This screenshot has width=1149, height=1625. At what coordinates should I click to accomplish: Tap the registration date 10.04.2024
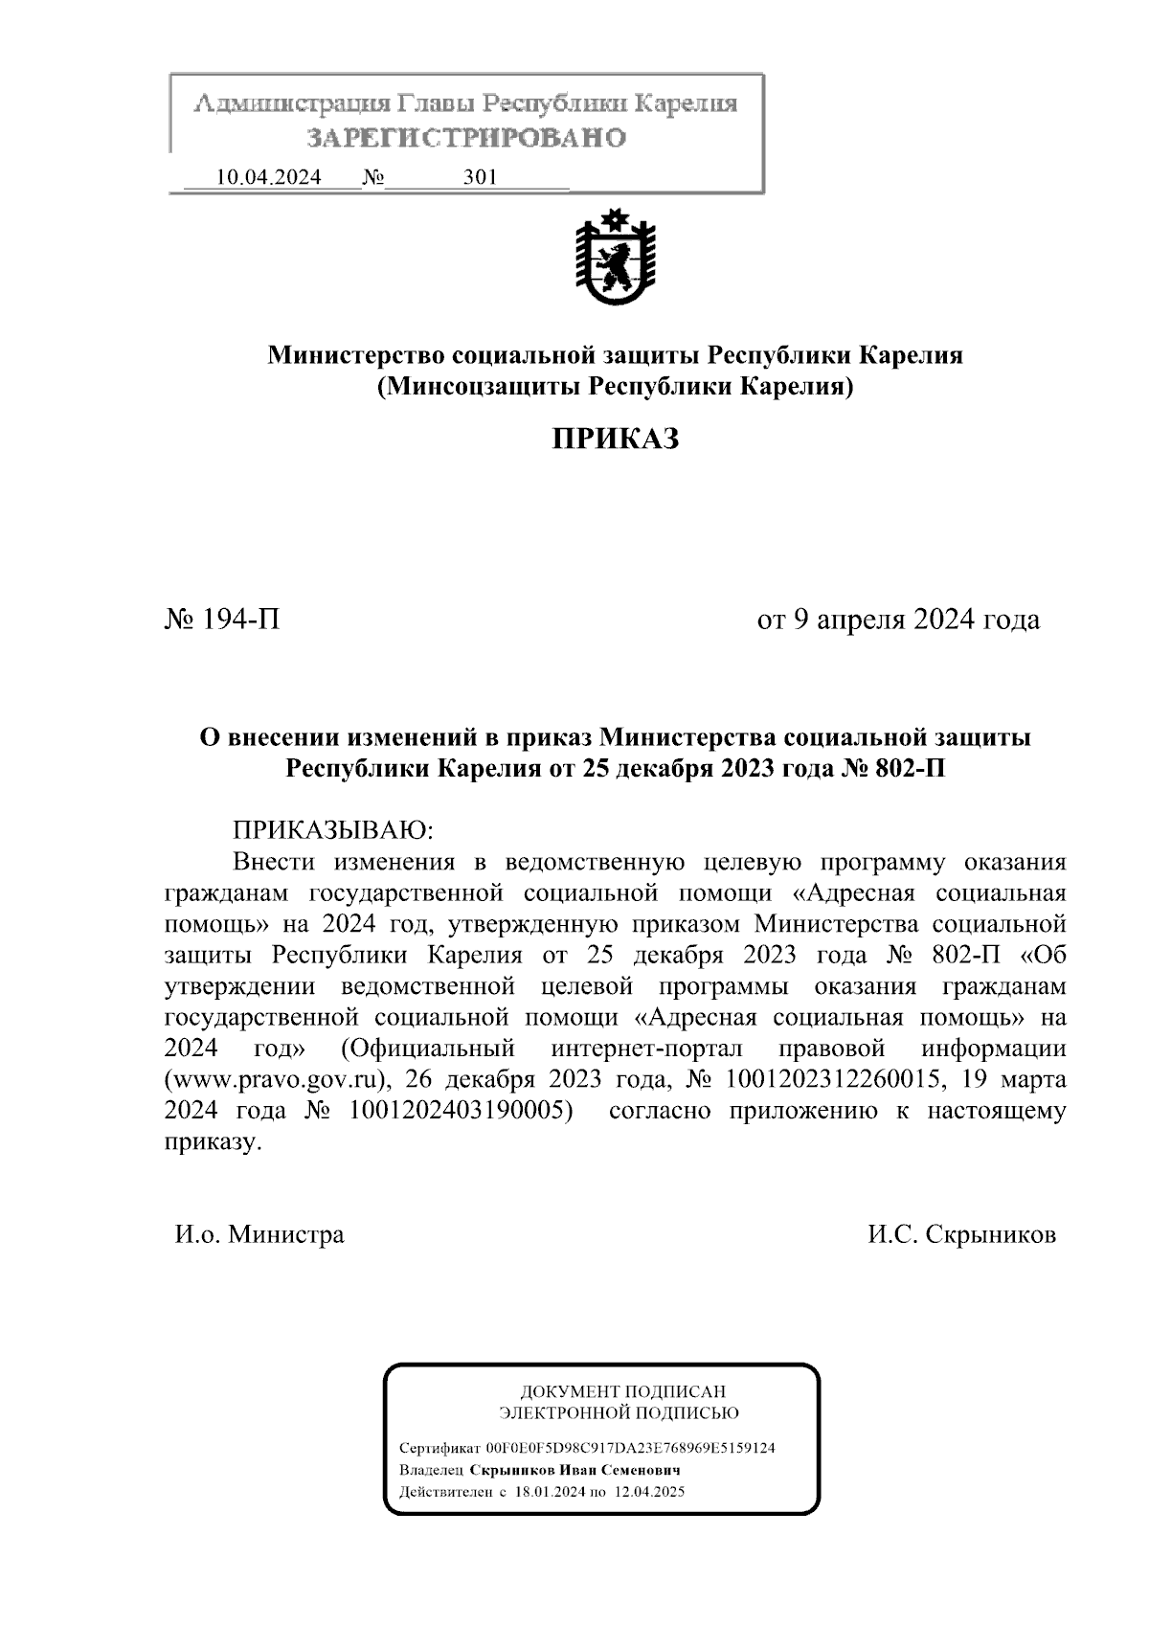[269, 177]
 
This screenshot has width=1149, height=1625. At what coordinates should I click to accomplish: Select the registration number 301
[480, 177]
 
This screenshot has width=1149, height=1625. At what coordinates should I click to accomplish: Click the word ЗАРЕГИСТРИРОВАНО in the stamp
[466, 138]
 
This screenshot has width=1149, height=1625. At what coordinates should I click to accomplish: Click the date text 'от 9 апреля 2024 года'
[898, 621]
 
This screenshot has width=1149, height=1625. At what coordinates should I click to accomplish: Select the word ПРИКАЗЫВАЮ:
[334, 829]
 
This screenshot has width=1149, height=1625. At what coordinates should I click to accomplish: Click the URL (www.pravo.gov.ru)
[279, 1079]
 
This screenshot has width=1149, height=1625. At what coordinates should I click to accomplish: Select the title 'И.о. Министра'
[259, 1234]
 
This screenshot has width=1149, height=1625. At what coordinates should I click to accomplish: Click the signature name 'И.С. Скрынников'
[961, 1234]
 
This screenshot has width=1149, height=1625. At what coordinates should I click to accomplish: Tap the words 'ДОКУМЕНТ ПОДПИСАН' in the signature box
[622, 1391]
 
